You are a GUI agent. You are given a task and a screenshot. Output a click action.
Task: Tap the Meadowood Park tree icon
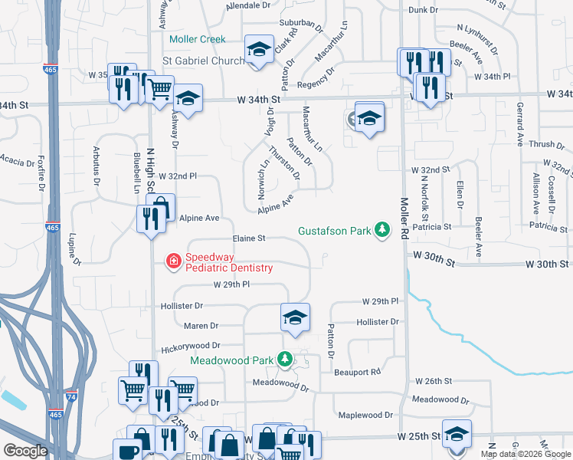tap(285, 358)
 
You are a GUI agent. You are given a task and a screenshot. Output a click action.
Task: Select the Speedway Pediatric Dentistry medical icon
tap(174, 261)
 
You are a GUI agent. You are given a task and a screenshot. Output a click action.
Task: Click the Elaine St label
tap(249, 239)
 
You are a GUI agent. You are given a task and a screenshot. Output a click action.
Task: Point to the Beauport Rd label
tap(358, 372)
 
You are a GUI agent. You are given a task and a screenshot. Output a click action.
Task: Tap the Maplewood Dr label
tap(365, 415)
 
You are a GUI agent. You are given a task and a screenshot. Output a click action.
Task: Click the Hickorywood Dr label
tap(191, 347)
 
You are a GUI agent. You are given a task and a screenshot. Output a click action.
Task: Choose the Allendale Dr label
tap(249, 5)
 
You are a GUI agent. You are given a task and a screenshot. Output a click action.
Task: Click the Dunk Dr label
tap(424, 10)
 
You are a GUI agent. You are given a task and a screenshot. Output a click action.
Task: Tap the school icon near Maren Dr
tap(295, 317)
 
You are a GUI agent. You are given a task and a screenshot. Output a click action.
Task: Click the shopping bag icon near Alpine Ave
tap(161, 207)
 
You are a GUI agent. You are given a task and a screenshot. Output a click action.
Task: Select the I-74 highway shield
tap(71, 397)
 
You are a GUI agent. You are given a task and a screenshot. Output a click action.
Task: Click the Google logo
tap(25, 451)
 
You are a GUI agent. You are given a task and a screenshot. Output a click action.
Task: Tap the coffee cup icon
tap(127, 450)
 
